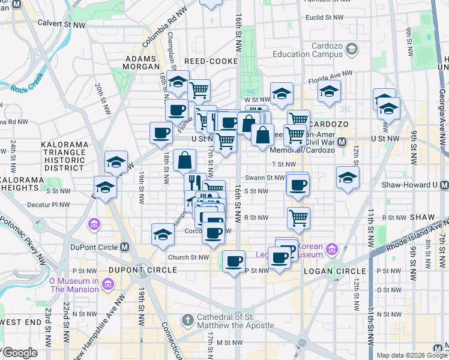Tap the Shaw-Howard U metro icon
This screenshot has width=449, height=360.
coord(444,185)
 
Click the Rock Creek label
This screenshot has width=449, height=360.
coord(26,83)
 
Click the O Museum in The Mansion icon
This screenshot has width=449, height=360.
coord(109,283)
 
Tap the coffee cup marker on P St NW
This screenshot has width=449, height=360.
coord(234,261)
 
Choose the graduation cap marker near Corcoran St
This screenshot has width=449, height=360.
coord(163,235)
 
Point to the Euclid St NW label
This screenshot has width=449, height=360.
coord(322,17)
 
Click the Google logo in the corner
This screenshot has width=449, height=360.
coord(19,353)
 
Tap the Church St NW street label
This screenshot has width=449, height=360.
coord(187,257)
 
